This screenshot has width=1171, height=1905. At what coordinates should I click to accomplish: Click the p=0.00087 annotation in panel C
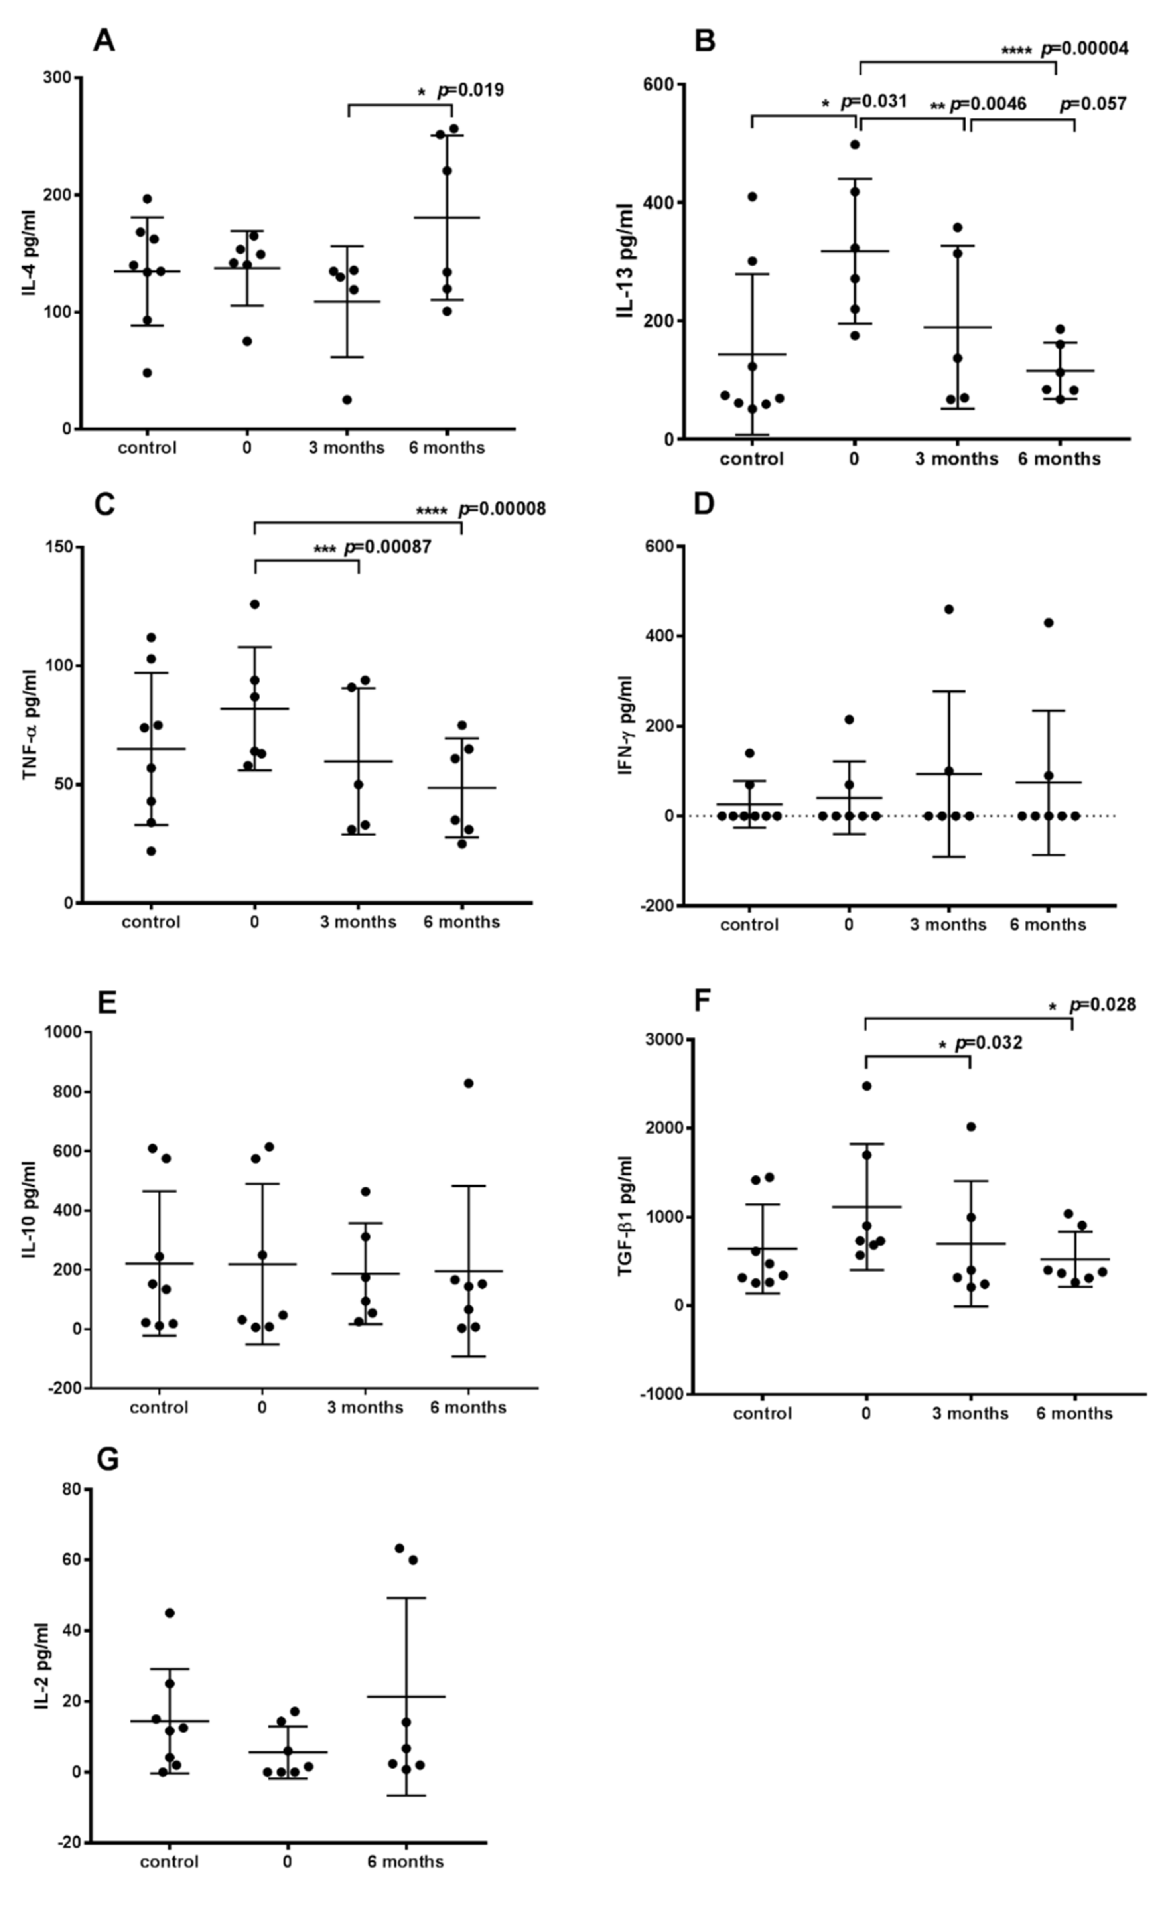tap(387, 548)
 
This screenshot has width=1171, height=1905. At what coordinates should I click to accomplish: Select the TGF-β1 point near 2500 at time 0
tap(867, 1086)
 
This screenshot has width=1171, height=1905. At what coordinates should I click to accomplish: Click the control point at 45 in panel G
tap(170, 1613)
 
